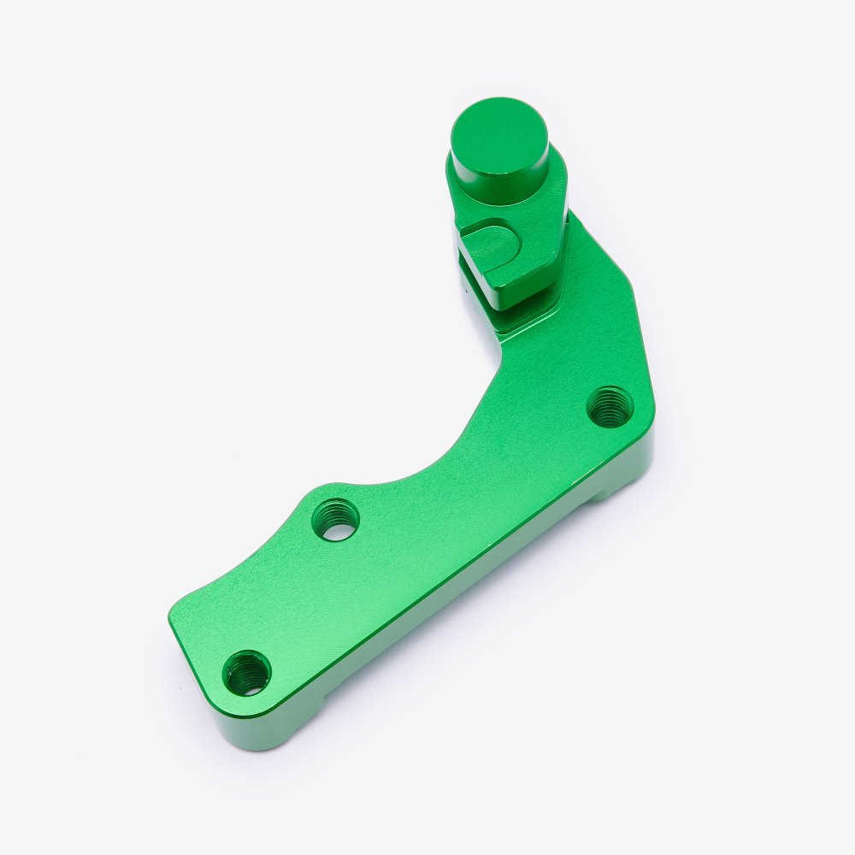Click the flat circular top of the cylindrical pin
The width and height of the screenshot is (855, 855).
coord(499,138)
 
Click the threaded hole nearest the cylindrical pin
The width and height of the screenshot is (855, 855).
coord(610,406)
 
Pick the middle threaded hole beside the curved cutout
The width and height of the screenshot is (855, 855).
coord(335,519)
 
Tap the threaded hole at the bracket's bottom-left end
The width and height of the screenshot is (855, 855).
coord(247,672)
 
